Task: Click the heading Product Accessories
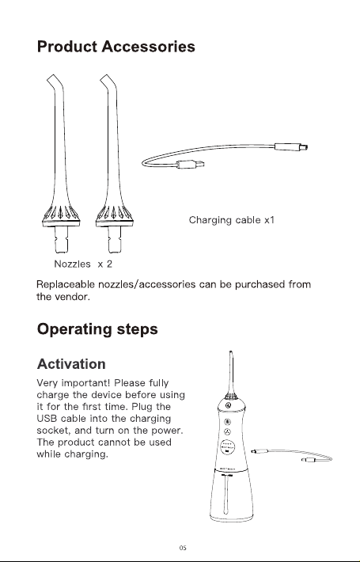116,47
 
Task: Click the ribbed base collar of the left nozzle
61,216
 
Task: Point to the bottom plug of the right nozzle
115,239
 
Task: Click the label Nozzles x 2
83,264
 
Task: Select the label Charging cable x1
231,220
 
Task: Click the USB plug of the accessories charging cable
190,164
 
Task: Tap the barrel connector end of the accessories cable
291,146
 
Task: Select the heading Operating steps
97,329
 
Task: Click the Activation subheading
71,364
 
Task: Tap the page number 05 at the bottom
183,548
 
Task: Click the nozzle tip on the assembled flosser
231,355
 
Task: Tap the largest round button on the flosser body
227,447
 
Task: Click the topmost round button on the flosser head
228,405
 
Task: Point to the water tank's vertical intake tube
226,494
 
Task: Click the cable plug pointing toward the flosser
260,451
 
